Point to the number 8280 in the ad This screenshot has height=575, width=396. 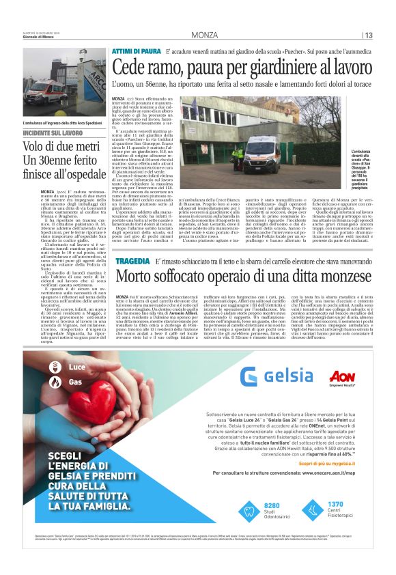(x=271, y=524)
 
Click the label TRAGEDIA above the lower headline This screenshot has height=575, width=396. (x=133, y=261)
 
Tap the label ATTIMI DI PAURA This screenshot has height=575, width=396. (x=137, y=51)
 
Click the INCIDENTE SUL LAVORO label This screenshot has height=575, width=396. (x=53, y=132)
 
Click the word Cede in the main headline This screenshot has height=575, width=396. (x=130, y=68)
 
